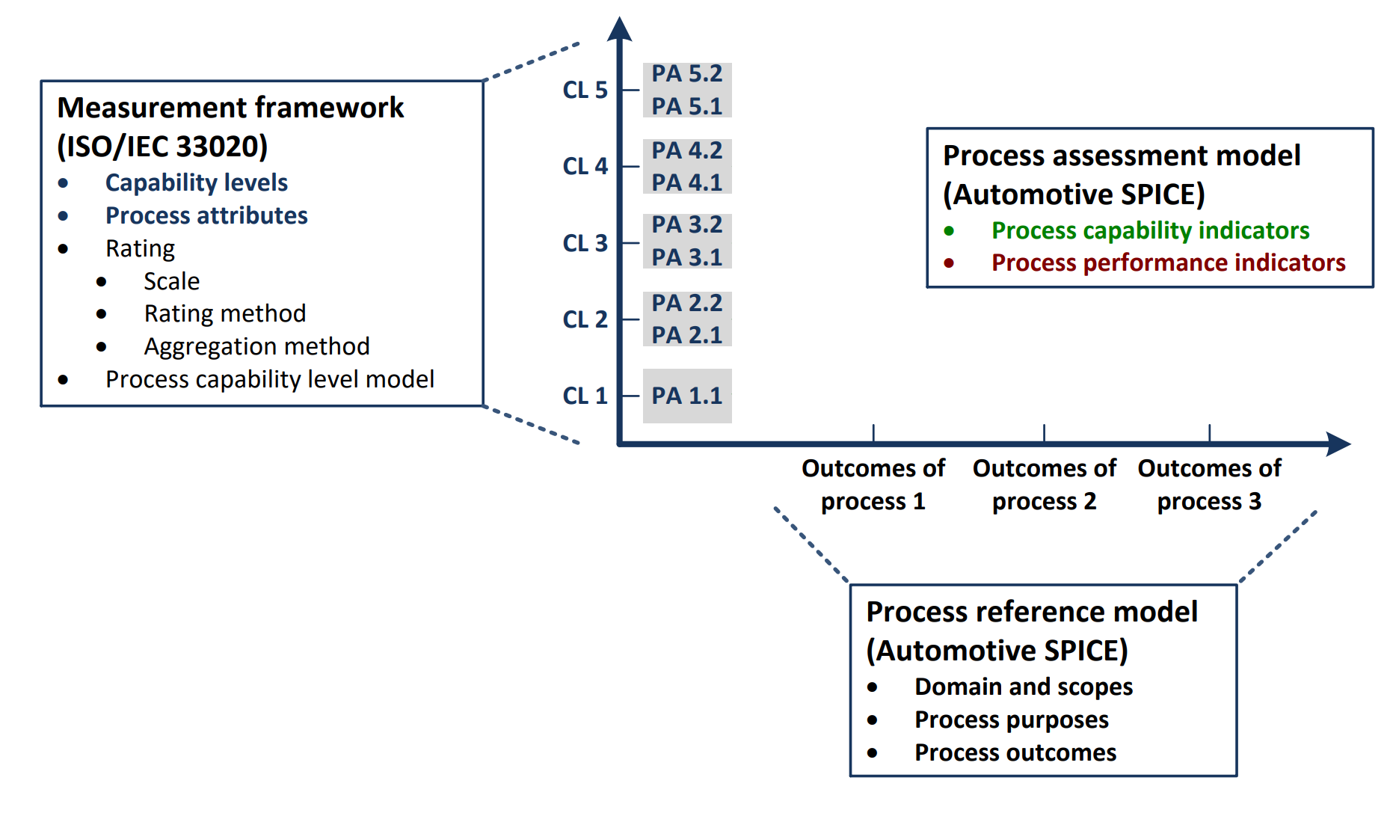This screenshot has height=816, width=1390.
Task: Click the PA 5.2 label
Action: point(686,74)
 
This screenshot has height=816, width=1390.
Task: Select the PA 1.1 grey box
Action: point(686,396)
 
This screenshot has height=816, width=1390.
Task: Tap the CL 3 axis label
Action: point(585,243)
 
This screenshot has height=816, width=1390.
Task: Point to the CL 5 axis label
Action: point(585,90)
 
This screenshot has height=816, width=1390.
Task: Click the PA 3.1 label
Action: point(686,257)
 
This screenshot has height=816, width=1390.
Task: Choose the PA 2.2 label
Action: point(686,303)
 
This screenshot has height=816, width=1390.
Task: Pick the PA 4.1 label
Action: point(686,182)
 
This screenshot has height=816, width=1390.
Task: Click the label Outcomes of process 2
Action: point(1044,484)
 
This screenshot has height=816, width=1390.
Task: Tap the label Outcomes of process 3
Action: point(1209,484)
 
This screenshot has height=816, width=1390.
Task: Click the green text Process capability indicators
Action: point(1150,230)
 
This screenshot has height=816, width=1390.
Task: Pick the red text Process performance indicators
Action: point(1168,263)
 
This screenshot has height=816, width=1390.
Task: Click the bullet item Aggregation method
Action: point(256,346)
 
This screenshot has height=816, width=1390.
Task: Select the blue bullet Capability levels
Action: point(196,182)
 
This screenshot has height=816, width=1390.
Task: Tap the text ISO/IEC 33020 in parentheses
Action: point(162,146)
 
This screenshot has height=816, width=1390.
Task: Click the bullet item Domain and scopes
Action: point(1023,687)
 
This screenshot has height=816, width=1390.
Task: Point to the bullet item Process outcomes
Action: point(1015,752)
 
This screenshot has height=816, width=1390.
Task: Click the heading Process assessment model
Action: point(1121,156)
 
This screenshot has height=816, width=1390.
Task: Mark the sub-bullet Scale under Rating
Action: point(171,281)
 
